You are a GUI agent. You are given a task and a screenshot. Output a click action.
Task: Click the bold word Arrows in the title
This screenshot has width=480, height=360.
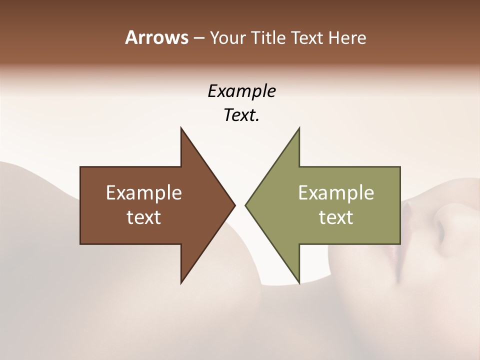156,37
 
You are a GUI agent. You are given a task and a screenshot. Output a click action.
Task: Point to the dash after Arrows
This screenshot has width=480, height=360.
198,38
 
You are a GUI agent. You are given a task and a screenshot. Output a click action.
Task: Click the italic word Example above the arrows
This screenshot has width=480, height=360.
241,91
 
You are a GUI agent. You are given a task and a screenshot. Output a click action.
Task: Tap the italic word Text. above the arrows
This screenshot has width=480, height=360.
241,115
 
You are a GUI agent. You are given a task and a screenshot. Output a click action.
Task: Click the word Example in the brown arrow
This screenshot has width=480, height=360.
144,192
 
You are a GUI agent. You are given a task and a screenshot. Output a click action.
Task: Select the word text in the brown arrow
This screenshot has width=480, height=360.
144,217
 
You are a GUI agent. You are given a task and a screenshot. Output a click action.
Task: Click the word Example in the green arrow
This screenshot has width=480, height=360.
336,192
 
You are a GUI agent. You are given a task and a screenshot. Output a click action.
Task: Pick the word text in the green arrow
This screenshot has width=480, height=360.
336,217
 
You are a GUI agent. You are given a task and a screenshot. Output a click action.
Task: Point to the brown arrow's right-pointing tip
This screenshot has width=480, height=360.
234,205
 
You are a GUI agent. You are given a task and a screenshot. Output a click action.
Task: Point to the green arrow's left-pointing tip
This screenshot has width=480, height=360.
246,205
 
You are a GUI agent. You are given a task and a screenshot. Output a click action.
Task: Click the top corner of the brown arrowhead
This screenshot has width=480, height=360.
181,128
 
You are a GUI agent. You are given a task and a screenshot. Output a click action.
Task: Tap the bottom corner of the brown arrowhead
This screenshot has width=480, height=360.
181,282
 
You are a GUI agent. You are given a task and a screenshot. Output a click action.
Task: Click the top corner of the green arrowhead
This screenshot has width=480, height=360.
299,128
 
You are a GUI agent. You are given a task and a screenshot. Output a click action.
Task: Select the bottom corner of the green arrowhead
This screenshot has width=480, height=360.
299,282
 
